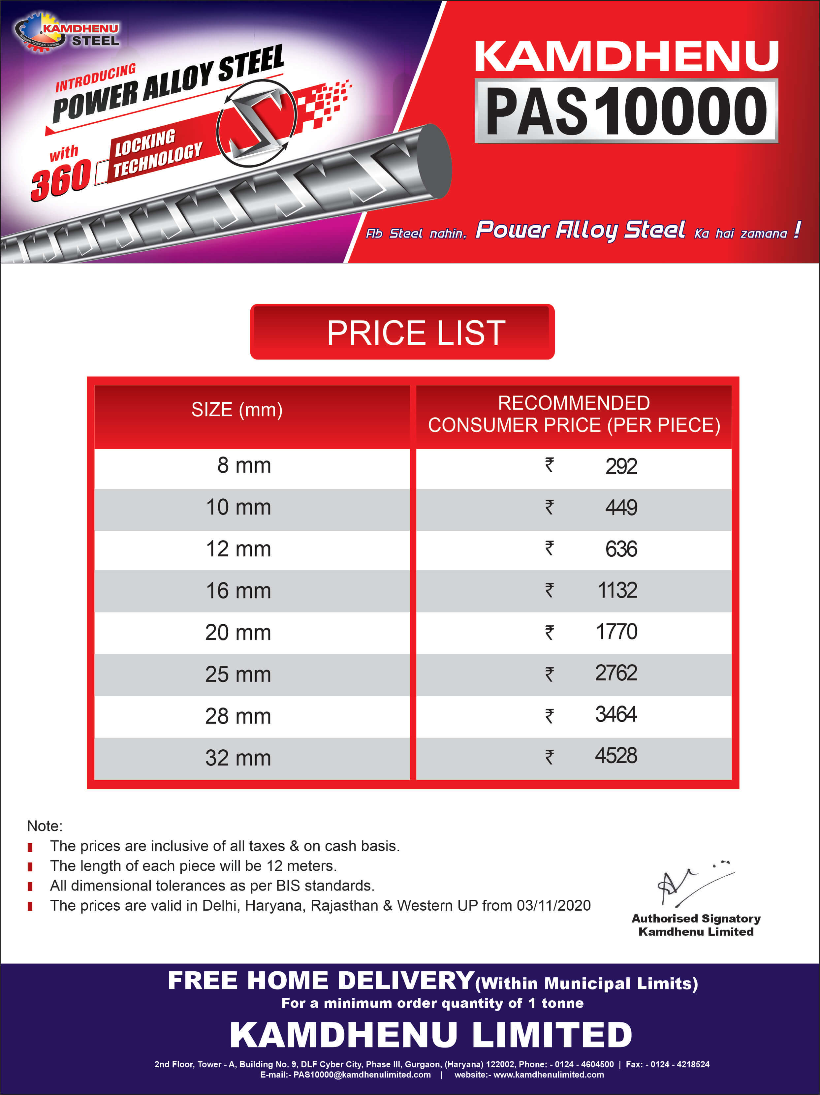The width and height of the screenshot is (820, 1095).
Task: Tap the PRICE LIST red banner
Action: pos(402,332)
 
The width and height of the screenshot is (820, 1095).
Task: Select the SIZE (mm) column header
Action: pos(237,410)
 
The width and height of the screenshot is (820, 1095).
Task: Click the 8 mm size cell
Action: pos(244,466)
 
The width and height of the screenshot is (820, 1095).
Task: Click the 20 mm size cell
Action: pos(238,633)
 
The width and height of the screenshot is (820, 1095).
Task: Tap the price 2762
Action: pos(616,673)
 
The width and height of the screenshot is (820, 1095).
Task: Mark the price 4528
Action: pos(616,756)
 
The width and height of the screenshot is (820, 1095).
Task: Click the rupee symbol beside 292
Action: pos(549,465)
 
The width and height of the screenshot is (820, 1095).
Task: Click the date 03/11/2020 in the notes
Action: pos(553,905)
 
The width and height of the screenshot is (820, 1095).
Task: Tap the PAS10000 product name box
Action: pos(626,111)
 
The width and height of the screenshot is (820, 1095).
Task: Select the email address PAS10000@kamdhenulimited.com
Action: pos(362,1075)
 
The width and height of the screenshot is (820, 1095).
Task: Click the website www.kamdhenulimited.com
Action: pos(548,1075)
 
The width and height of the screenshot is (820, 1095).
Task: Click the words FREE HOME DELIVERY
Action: pos(321,981)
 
